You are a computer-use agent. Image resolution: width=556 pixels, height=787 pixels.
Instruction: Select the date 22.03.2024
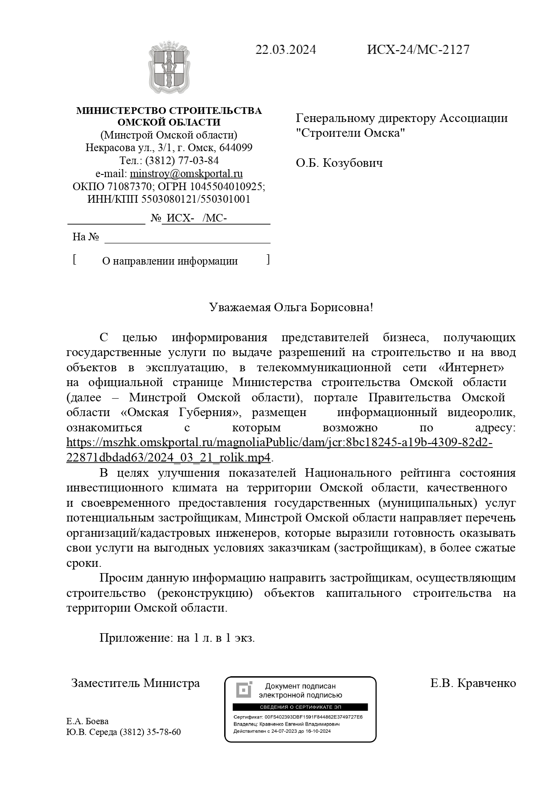pos(286,50)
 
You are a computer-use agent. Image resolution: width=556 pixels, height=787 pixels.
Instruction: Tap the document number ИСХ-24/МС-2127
pos(418,50)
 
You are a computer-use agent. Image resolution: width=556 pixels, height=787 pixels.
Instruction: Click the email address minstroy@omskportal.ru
pos(186,174)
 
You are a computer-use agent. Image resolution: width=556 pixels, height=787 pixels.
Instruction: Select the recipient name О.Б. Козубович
pos(339,163)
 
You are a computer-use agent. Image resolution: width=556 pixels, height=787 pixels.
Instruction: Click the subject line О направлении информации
pos(169,261)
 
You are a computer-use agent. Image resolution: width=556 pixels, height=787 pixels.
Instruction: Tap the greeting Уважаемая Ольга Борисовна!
pos(291,308)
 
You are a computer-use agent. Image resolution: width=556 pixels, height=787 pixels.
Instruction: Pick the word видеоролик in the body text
pos(482,413)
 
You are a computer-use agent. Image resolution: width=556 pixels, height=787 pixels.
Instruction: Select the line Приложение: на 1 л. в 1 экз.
pos(177,638)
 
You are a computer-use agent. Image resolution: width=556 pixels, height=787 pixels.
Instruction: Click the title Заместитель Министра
pos(135,683)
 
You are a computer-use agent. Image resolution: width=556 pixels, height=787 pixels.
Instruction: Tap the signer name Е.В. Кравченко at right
pos(473,683)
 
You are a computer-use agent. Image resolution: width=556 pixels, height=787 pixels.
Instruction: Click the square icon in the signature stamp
pos(244,690)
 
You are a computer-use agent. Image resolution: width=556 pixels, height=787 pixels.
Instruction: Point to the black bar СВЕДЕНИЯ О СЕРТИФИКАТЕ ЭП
pos(300,708)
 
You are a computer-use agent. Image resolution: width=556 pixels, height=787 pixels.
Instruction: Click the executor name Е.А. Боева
pos(87,722)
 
